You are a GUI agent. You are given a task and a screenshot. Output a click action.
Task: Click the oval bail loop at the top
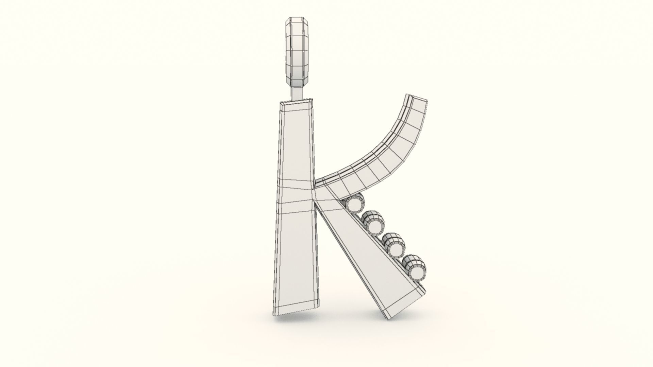297,51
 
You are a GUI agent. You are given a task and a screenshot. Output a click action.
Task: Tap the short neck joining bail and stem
297,93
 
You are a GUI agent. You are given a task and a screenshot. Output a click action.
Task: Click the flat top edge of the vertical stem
297,102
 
